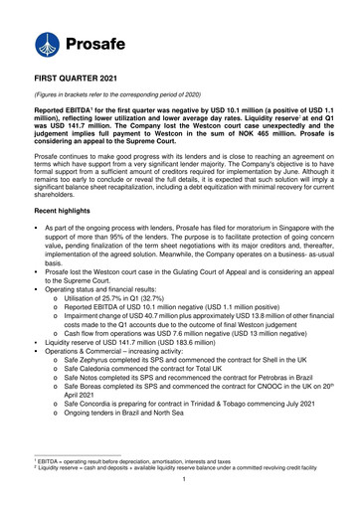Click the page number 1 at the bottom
point(179,505)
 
